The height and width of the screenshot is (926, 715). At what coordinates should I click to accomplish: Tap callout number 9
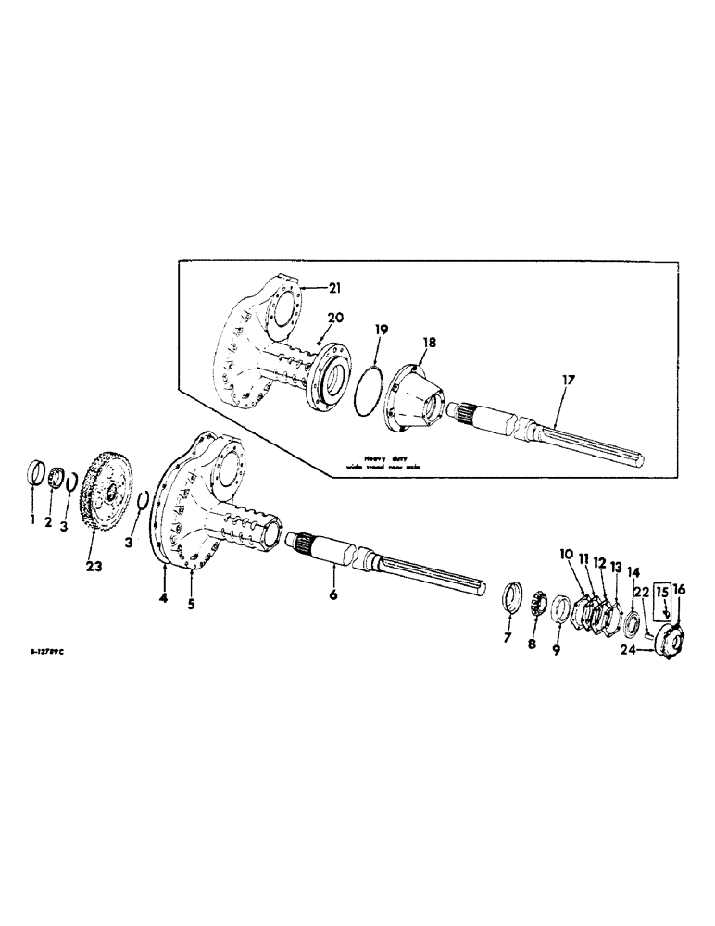[556, 650]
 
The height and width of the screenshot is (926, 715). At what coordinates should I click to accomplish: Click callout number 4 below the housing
[162, 598]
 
